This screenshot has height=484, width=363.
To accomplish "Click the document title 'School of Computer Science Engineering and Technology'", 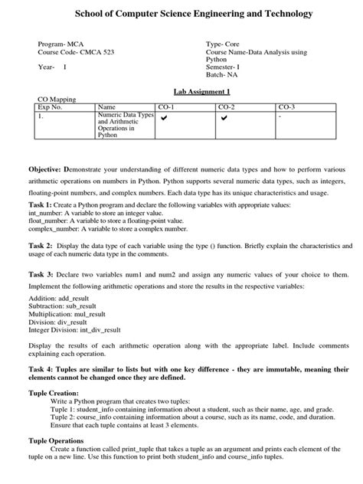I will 181,15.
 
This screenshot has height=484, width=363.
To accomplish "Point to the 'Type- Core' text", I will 223,44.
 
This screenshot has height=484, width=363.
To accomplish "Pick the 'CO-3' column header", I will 286,106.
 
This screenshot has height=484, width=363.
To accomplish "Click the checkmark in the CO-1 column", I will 164,118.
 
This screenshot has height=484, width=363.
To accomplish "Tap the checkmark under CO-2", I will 224,118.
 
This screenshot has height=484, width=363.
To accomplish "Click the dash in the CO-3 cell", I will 280,117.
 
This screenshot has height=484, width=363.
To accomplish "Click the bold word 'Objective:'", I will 45,168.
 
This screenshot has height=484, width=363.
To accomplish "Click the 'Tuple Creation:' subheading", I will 54,392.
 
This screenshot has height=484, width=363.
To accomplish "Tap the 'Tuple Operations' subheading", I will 57,440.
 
